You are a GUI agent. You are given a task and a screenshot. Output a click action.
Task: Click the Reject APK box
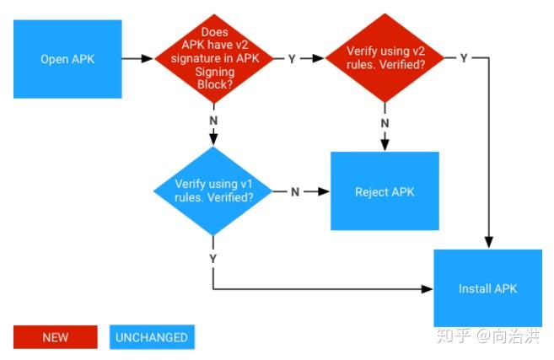[x=385, y=191]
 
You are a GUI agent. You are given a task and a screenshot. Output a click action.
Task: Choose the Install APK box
[x=487, y=288]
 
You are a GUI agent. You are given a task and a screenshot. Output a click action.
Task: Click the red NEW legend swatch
[x=55, y=337]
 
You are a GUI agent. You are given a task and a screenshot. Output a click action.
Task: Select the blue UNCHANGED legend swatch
[x=152, y=337]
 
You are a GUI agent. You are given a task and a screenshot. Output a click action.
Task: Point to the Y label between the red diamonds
[x=292, y=59]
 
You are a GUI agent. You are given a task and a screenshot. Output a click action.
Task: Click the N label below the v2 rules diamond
[x=385, y=123]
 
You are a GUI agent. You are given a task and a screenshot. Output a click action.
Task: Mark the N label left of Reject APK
[x=295, y=191]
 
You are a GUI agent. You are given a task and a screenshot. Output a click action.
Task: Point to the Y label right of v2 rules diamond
[x=464, y=58]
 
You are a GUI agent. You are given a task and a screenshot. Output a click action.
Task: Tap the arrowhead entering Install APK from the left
[x=428, y=288]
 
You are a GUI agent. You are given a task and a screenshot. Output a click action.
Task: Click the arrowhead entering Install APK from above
[x=487, y=244]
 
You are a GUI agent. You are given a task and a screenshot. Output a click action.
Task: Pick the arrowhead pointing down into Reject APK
[x=385, y=147]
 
